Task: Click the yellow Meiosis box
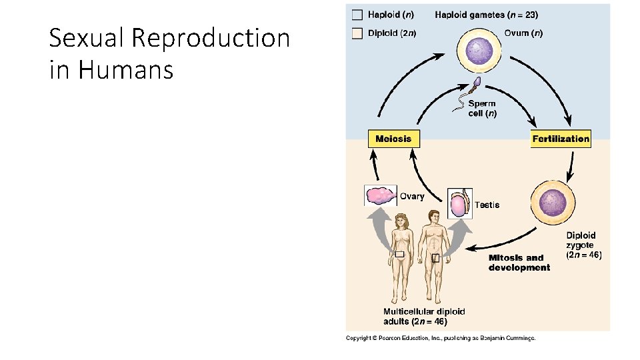(x=394, y=139)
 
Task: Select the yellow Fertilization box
(x=561, y=139)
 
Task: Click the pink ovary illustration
(x=381, y=196)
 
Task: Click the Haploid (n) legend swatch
(x=358, y=15)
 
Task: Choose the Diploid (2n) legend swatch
(x=358, y=33)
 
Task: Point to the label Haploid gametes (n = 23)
(x=486, y=15)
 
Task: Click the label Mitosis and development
(x=519, y=263)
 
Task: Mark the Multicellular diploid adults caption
(x=424, y=316)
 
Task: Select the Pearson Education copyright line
(x=440, y=338)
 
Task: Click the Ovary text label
(x=412, y=196)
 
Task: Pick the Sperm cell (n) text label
(x=482, y=109)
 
